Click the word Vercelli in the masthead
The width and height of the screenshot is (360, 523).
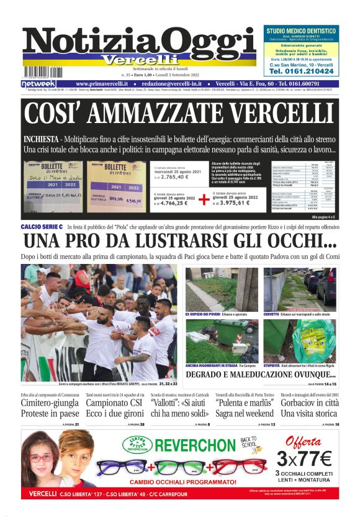tap(139, 60)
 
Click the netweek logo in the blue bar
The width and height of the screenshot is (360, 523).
tap(38, 83)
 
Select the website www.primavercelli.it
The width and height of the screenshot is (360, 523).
tap(102, 83)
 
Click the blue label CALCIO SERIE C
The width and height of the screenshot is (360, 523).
tap(42, 227)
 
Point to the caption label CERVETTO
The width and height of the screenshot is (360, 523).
tap(271, 314)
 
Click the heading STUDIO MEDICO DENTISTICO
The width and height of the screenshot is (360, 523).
tap(301, 30)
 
